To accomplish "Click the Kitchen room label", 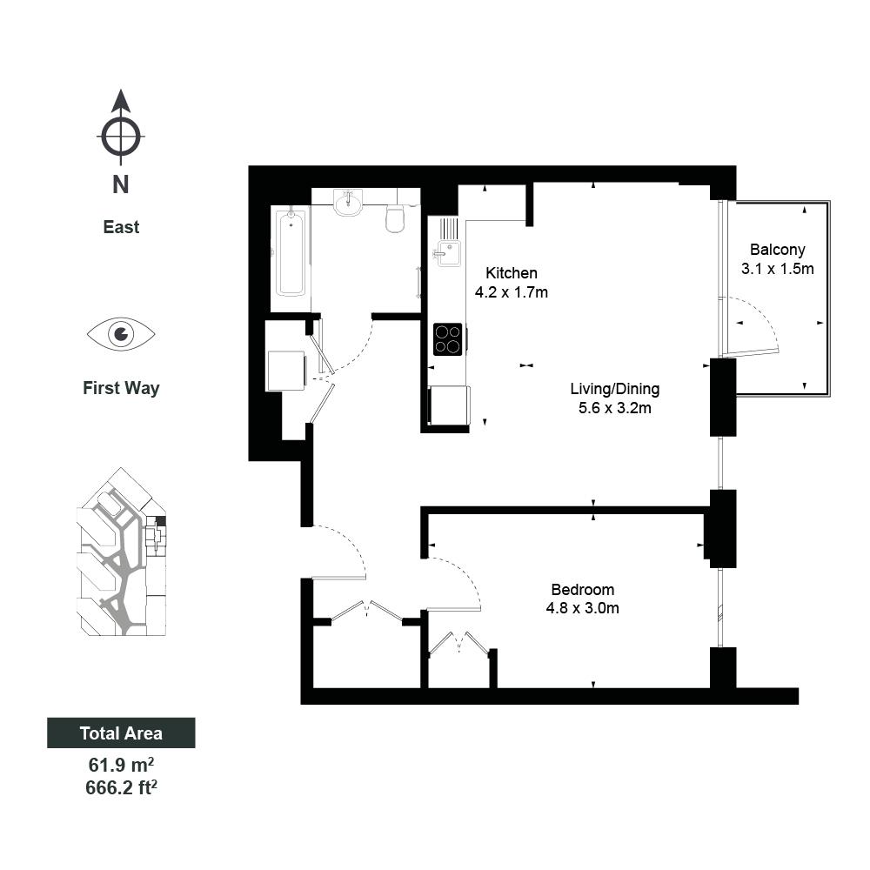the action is coord(511,273).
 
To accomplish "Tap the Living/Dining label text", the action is coord(615,389).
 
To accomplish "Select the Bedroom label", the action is coord(583,589).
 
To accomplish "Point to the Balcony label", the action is coord(777,250).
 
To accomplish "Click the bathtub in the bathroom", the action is coord(291,253).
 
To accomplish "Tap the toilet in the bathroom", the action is coord(394,218).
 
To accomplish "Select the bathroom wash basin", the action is coord(349,203).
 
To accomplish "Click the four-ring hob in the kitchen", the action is coord(448,339).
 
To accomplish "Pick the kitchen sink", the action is coord(447,253).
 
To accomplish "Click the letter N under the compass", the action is coord(120,184).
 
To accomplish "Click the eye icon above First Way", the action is coord(121,334).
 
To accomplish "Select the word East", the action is coord(121,227).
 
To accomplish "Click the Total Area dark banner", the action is coord(121,733).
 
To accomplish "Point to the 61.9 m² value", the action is coord(121,765).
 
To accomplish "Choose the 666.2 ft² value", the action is coord(121,787).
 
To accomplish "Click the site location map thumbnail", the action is coord(122,552).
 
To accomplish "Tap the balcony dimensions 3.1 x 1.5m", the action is coord(777,269).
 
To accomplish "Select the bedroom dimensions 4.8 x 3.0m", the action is coord(583,608).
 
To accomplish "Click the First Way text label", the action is coord(121,388).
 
